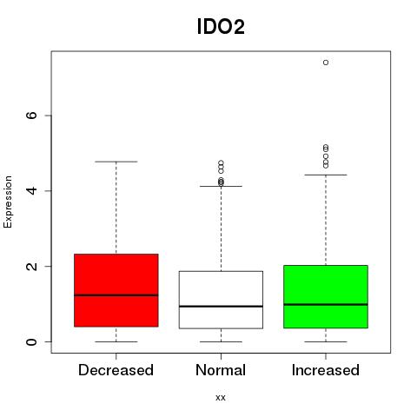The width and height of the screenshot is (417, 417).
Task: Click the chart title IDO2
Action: [x=221, y=27]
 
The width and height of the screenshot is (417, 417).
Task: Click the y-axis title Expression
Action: [x=8, y=202]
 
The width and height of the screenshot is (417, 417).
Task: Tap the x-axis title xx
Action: [x=221, y=398]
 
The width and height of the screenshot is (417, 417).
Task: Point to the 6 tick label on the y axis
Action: [x=31, y=116]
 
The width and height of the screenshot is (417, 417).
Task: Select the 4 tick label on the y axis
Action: [x=31, y=190]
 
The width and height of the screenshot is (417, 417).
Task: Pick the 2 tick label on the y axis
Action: [x=31, y=266]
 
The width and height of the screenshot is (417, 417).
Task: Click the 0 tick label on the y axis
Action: [x=31, y=341]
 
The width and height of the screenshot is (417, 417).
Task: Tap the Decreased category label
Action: [x=116, y=370]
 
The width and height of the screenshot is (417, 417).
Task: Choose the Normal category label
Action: [x=221, y=370]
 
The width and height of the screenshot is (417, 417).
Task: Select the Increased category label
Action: [x=326, y=370]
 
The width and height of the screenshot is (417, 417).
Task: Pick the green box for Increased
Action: [x=326, y=284]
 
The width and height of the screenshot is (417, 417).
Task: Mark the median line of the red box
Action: [x=116, y=295]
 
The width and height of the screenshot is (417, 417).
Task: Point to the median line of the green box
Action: [x=326, y=304]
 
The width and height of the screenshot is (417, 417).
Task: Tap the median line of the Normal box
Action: [x=221, y=306]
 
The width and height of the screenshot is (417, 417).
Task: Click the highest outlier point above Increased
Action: [x=326, y=63]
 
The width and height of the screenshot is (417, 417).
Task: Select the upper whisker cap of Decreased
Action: [x=116, y=162]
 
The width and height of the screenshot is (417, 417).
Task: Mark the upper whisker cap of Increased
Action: [x=326, y=175]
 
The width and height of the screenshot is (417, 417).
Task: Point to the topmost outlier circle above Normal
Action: [x=221, y=162]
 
